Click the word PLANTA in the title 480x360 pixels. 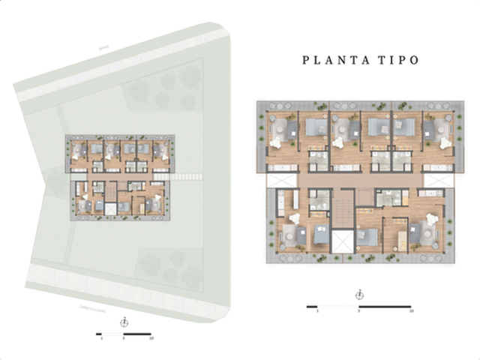[x=331, y=60]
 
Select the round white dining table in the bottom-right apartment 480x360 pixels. [x=432, y=220]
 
